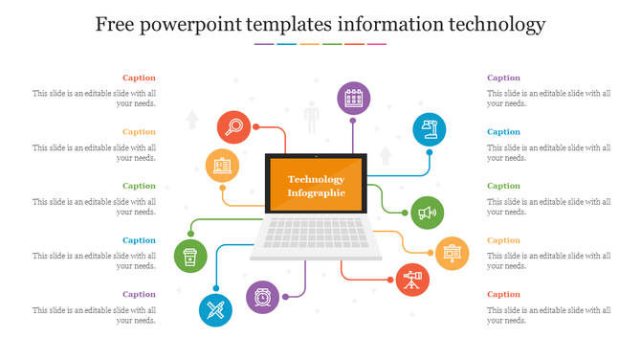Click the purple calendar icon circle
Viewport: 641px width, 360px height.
(353, 98)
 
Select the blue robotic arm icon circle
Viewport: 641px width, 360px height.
(430, 129)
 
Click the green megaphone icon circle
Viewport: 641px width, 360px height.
(427, 212)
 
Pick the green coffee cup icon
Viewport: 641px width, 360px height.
(190, 257)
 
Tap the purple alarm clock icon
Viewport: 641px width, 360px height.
(262, 298)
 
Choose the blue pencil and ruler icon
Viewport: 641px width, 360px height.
(215, 310)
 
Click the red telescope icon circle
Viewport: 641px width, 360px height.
(412, 280)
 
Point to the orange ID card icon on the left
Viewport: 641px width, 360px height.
(222, 166)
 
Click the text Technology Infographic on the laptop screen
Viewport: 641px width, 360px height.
(316, 187)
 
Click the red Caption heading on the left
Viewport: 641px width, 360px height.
(139, 78)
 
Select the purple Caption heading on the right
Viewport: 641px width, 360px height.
(503, 78)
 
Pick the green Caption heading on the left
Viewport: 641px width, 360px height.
(139, 186)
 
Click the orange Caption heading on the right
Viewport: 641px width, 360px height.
(503, 240)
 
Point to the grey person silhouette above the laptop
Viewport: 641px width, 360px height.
(311, 120)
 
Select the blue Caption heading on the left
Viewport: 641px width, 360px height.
(139, 240)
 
